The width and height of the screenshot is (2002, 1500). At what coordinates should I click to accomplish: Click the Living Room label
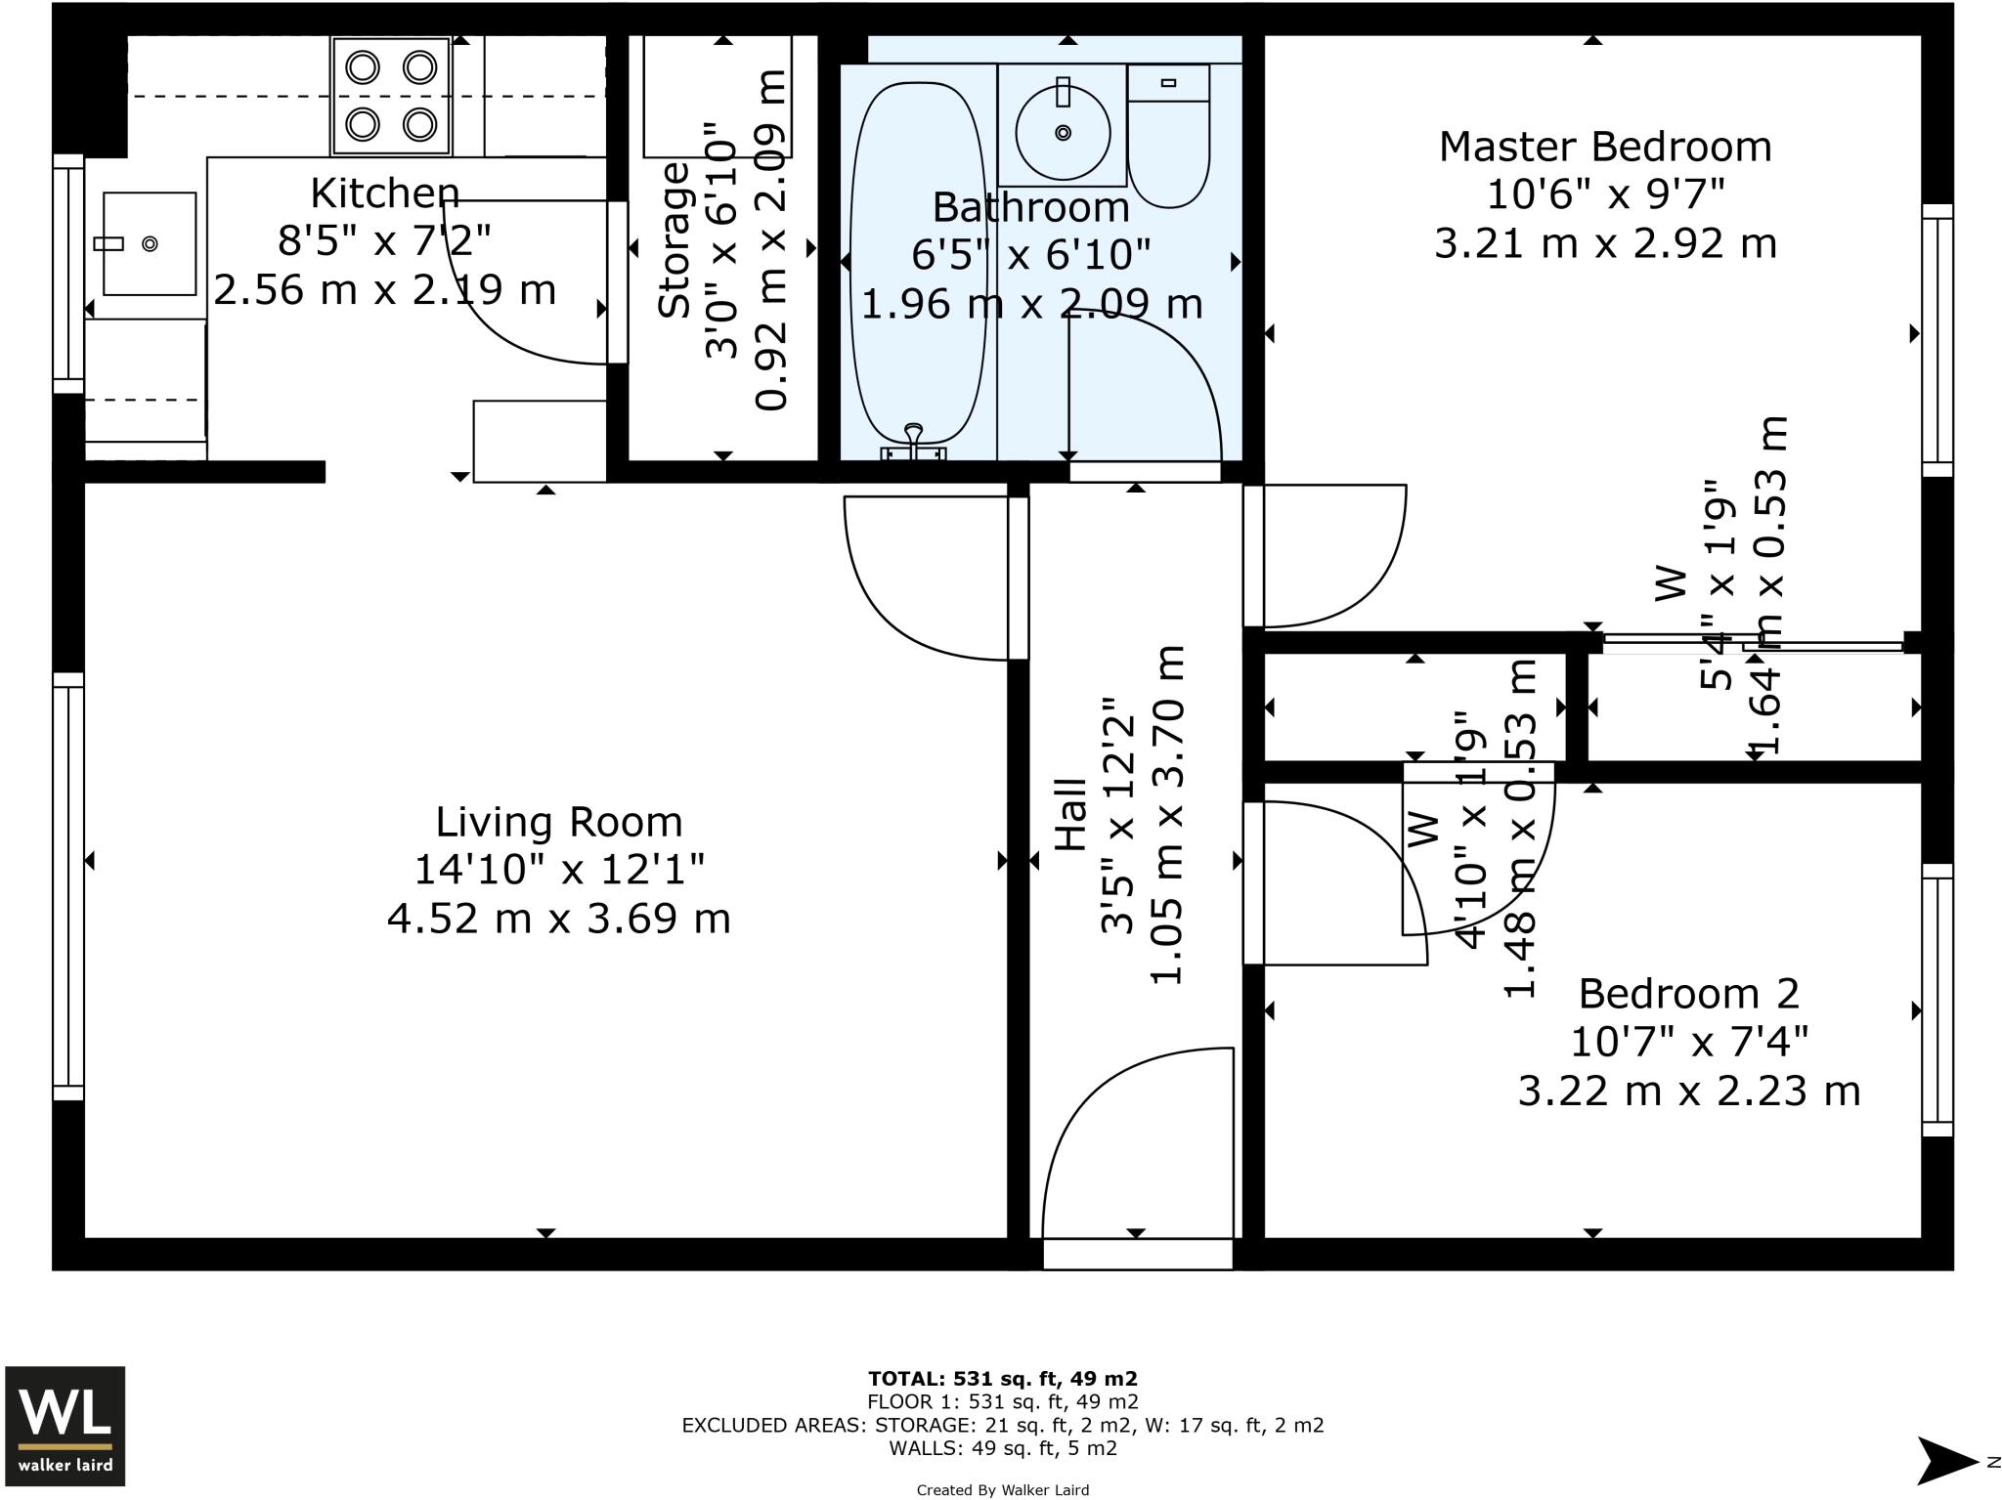[558, 822]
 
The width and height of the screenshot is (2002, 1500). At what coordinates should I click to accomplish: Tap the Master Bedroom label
[1605, 147]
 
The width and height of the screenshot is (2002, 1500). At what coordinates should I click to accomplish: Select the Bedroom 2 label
[1688, 993]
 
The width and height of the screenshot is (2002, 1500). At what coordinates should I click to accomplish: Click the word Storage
[674, 239]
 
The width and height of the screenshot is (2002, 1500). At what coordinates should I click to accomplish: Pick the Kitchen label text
[384, 193]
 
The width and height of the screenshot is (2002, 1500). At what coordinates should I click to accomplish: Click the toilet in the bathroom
[1168, 136]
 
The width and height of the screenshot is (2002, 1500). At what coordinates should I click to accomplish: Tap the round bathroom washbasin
[1063, 132]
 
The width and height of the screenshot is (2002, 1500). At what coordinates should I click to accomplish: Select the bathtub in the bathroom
[917, 270]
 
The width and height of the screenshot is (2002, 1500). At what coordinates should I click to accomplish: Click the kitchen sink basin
[150, 243]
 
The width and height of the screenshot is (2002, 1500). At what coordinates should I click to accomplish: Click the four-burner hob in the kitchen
[391, 96]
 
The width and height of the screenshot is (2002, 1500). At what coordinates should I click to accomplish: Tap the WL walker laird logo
[65, 1426]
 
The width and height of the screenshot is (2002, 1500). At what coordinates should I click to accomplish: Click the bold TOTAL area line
[1002, 1379]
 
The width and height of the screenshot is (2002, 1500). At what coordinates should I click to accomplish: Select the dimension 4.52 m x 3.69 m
[558, 919]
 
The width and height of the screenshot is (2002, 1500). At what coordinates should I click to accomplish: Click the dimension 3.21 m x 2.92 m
[1605, 242]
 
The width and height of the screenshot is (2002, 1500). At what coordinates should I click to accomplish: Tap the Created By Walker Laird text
[1002, 1490]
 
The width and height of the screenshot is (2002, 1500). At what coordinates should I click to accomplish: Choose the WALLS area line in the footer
[1002, 1448]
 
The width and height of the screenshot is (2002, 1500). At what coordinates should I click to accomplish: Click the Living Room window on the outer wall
[68, 886]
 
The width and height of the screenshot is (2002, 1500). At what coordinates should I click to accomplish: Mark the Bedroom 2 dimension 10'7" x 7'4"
[1688, 1042]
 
